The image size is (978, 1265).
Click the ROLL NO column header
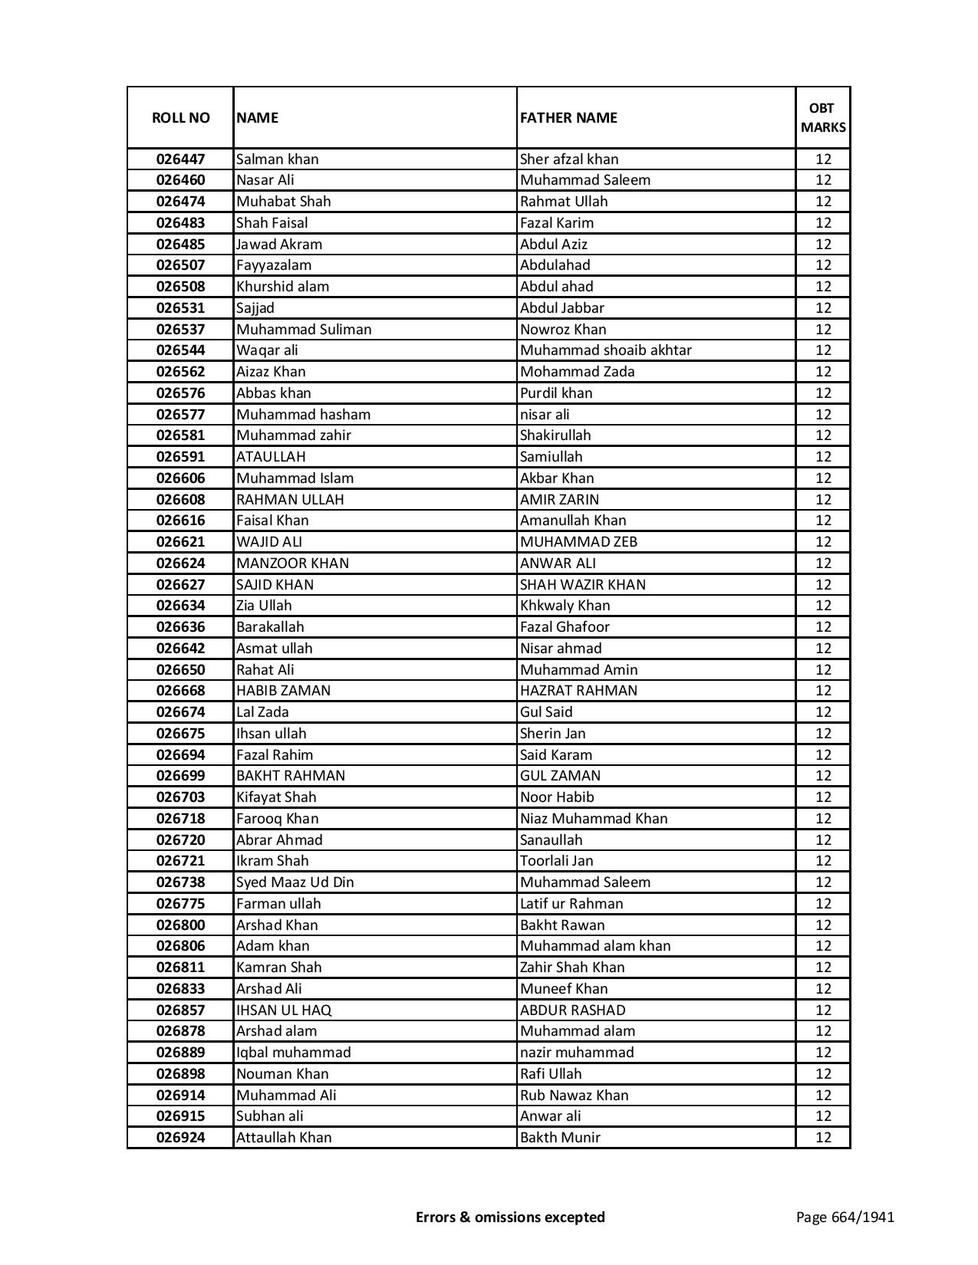click(180, 118)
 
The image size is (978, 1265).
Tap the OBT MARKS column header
click(823, 118)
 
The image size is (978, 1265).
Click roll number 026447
click(180, 159)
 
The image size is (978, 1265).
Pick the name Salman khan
click(278, 159)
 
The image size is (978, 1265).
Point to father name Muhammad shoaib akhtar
click(606, 350)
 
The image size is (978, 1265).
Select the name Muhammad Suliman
click(304, 330)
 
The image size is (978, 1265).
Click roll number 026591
click(180, 457)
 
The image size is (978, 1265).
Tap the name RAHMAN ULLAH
click(290, 500)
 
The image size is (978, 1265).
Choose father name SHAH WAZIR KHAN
click(583, 585)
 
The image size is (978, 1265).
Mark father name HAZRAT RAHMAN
click(578, 691)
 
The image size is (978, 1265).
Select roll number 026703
click(180, 797)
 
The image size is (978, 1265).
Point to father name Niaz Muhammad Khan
click(594, 819)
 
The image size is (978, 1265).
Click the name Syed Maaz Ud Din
click(295, 882)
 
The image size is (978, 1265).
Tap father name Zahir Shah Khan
click(572, 968)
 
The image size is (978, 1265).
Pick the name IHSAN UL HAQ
click(284, 1010)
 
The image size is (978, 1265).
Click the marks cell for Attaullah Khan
click(823, 1138)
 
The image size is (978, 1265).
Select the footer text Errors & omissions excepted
click(510, 1217)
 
